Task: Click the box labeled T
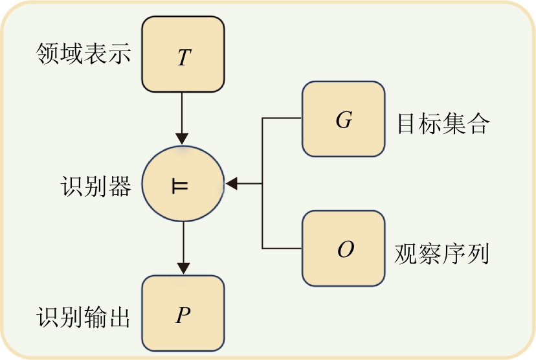tap(183, 54)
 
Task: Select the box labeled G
tap(343, 119)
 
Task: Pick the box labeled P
tap(183, 313)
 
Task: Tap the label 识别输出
tap(84, 317)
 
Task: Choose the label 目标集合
tap(443, 123)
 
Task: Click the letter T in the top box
tap(184, 58)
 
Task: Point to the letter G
tap(344, 121)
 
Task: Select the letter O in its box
tap(346, 251)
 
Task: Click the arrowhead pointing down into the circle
tap(183, 139)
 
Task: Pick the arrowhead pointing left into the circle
tap(232, 185)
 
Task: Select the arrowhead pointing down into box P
tap(184, 267)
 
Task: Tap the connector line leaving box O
tap(282, 248)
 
